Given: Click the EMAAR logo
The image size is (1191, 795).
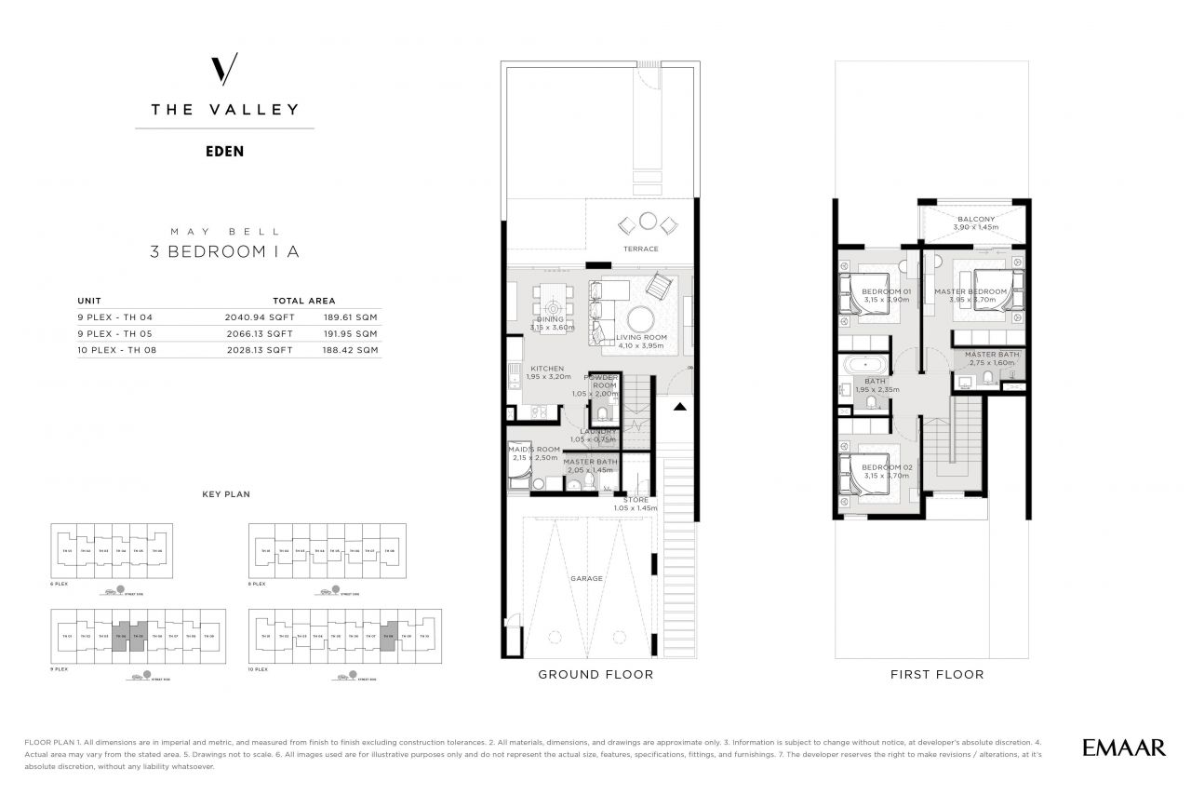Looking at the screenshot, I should click(x=1123, y=748).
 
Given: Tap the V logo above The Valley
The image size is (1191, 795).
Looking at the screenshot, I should click(x=224, y=70).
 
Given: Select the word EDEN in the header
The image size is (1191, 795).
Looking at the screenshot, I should click(x=224, y=151).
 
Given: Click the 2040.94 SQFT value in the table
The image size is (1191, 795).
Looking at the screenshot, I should click(x=259, y=317).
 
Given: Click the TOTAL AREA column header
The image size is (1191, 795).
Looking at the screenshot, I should click(x=304, y=301).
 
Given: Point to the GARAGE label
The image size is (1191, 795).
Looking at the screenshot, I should click(x=587, y=579).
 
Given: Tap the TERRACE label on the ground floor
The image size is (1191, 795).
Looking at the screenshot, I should click(x=641, y=249).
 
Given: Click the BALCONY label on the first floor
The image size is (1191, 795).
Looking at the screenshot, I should click(x=975, y=220).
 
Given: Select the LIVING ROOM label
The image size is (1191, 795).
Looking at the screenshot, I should click(x=642, y=338).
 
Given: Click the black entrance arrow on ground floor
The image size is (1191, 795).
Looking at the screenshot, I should click(x=680, y=406).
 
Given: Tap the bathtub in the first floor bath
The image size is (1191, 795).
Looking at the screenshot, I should click(x=864, y=364).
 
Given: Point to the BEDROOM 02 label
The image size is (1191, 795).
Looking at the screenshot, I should click(x=886, y=467).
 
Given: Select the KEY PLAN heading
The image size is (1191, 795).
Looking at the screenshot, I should click(x=226, y=494).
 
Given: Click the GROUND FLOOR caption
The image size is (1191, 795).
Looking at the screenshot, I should click(x=595, y=674).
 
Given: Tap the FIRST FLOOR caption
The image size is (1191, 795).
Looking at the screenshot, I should click(x=936, y=674).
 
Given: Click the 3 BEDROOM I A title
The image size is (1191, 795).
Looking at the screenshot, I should click(x=224, y=250).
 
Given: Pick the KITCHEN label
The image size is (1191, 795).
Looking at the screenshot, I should click(x=547, y=369).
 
